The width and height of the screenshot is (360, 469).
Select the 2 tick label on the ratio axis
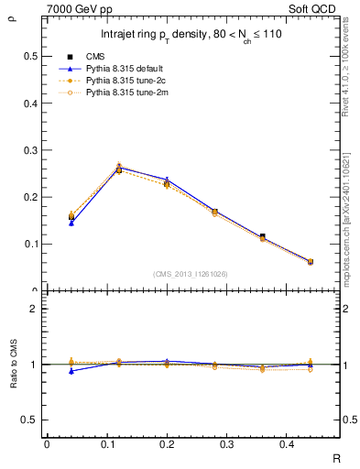pos(35,309)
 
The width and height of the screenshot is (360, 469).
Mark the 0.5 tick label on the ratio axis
pos(30,420)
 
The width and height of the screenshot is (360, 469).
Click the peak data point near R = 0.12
pos(119,169)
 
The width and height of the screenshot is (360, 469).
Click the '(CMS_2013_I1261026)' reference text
pos(191,273)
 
